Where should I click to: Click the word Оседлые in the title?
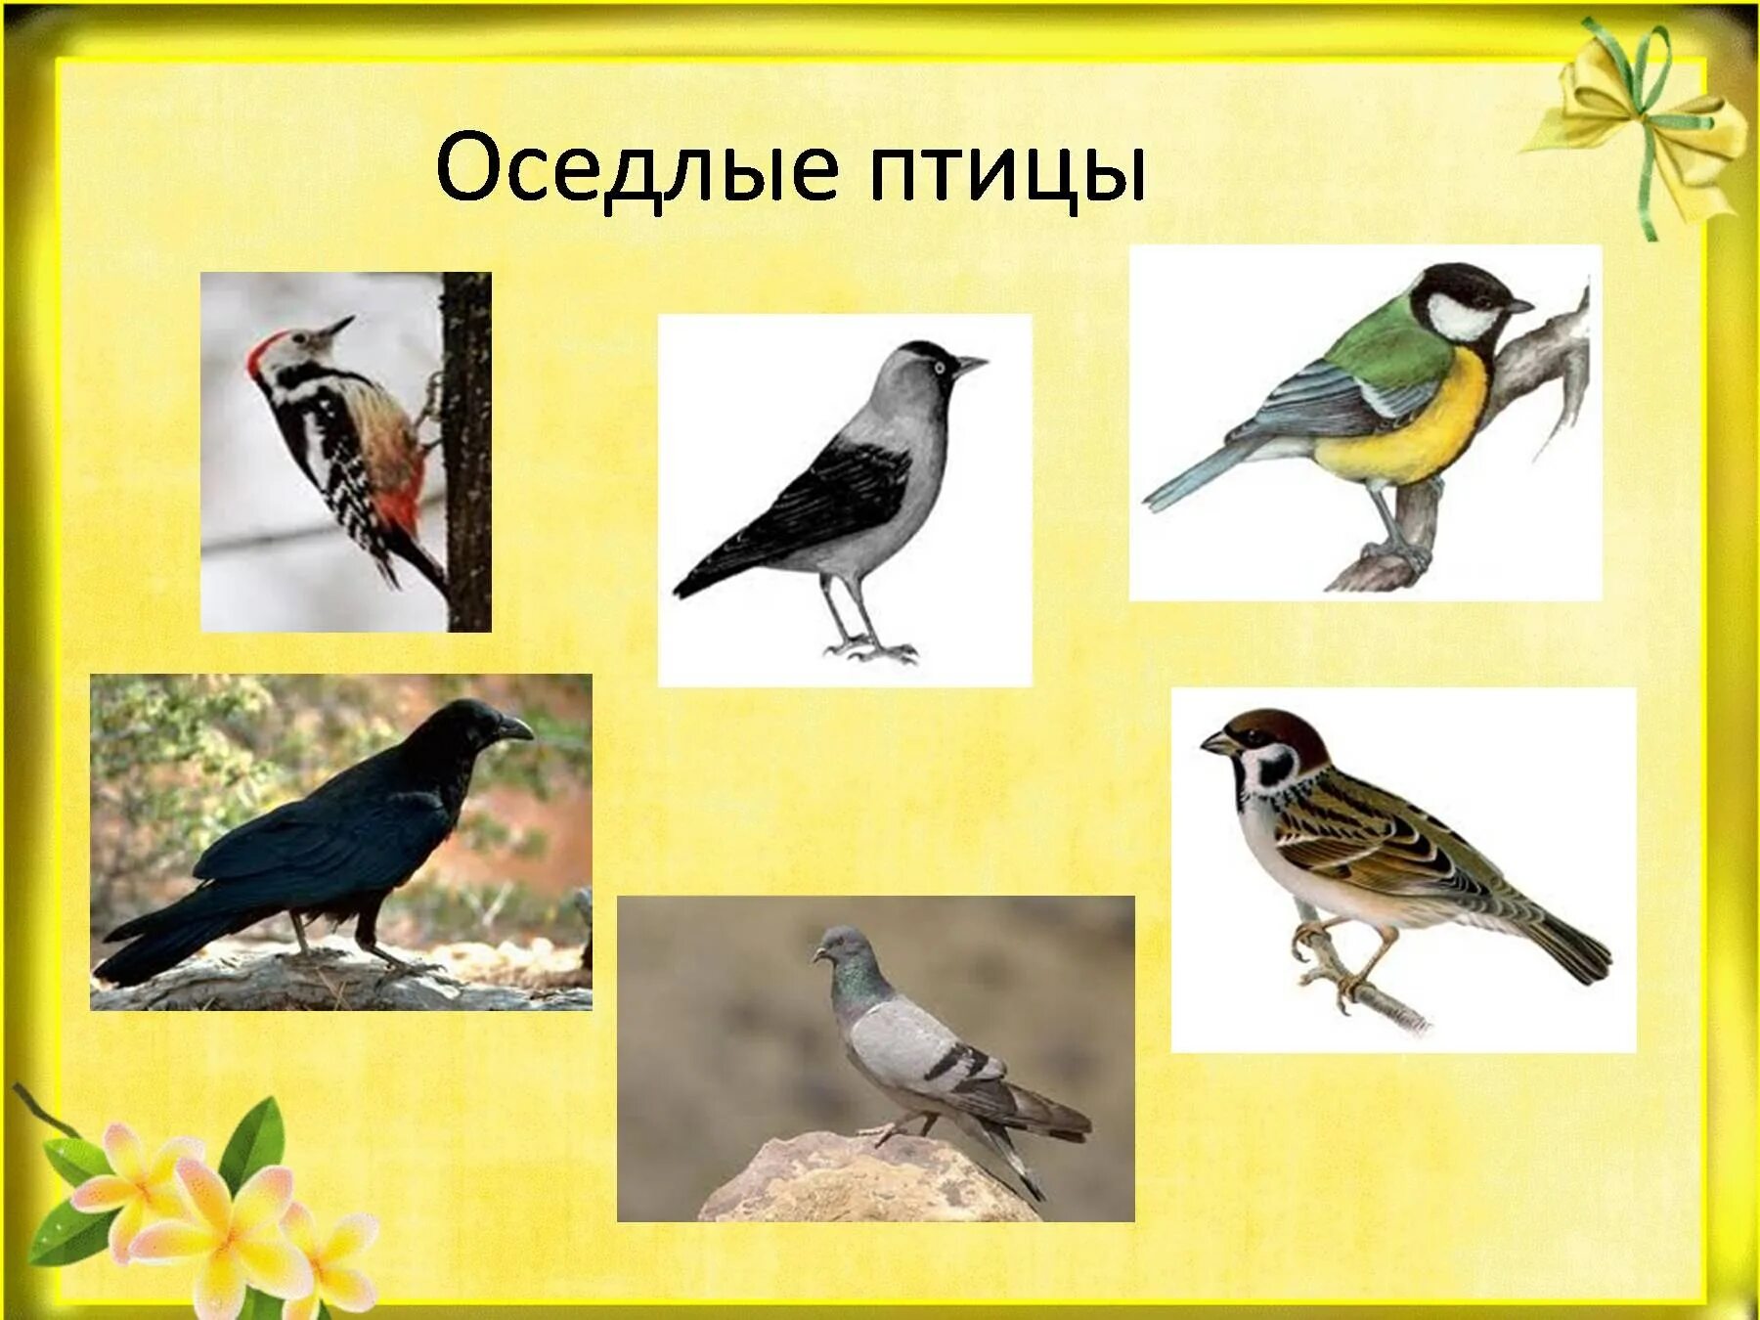[636, 168]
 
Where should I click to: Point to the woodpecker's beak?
[338, 327]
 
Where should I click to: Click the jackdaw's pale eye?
[939, 368]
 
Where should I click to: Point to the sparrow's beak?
[1216, 744]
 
